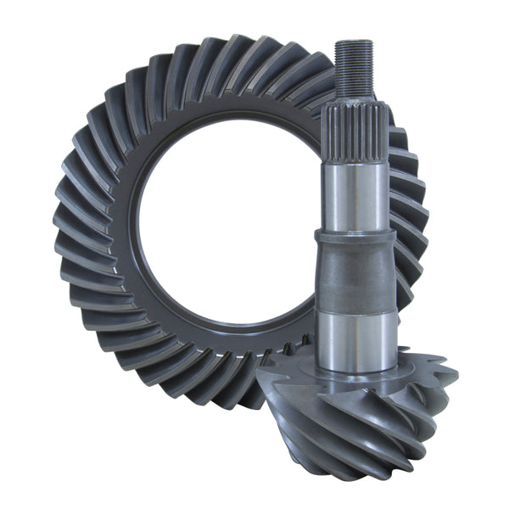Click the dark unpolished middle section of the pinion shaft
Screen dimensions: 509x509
point(356,276)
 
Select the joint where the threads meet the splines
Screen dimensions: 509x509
point(354,98)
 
